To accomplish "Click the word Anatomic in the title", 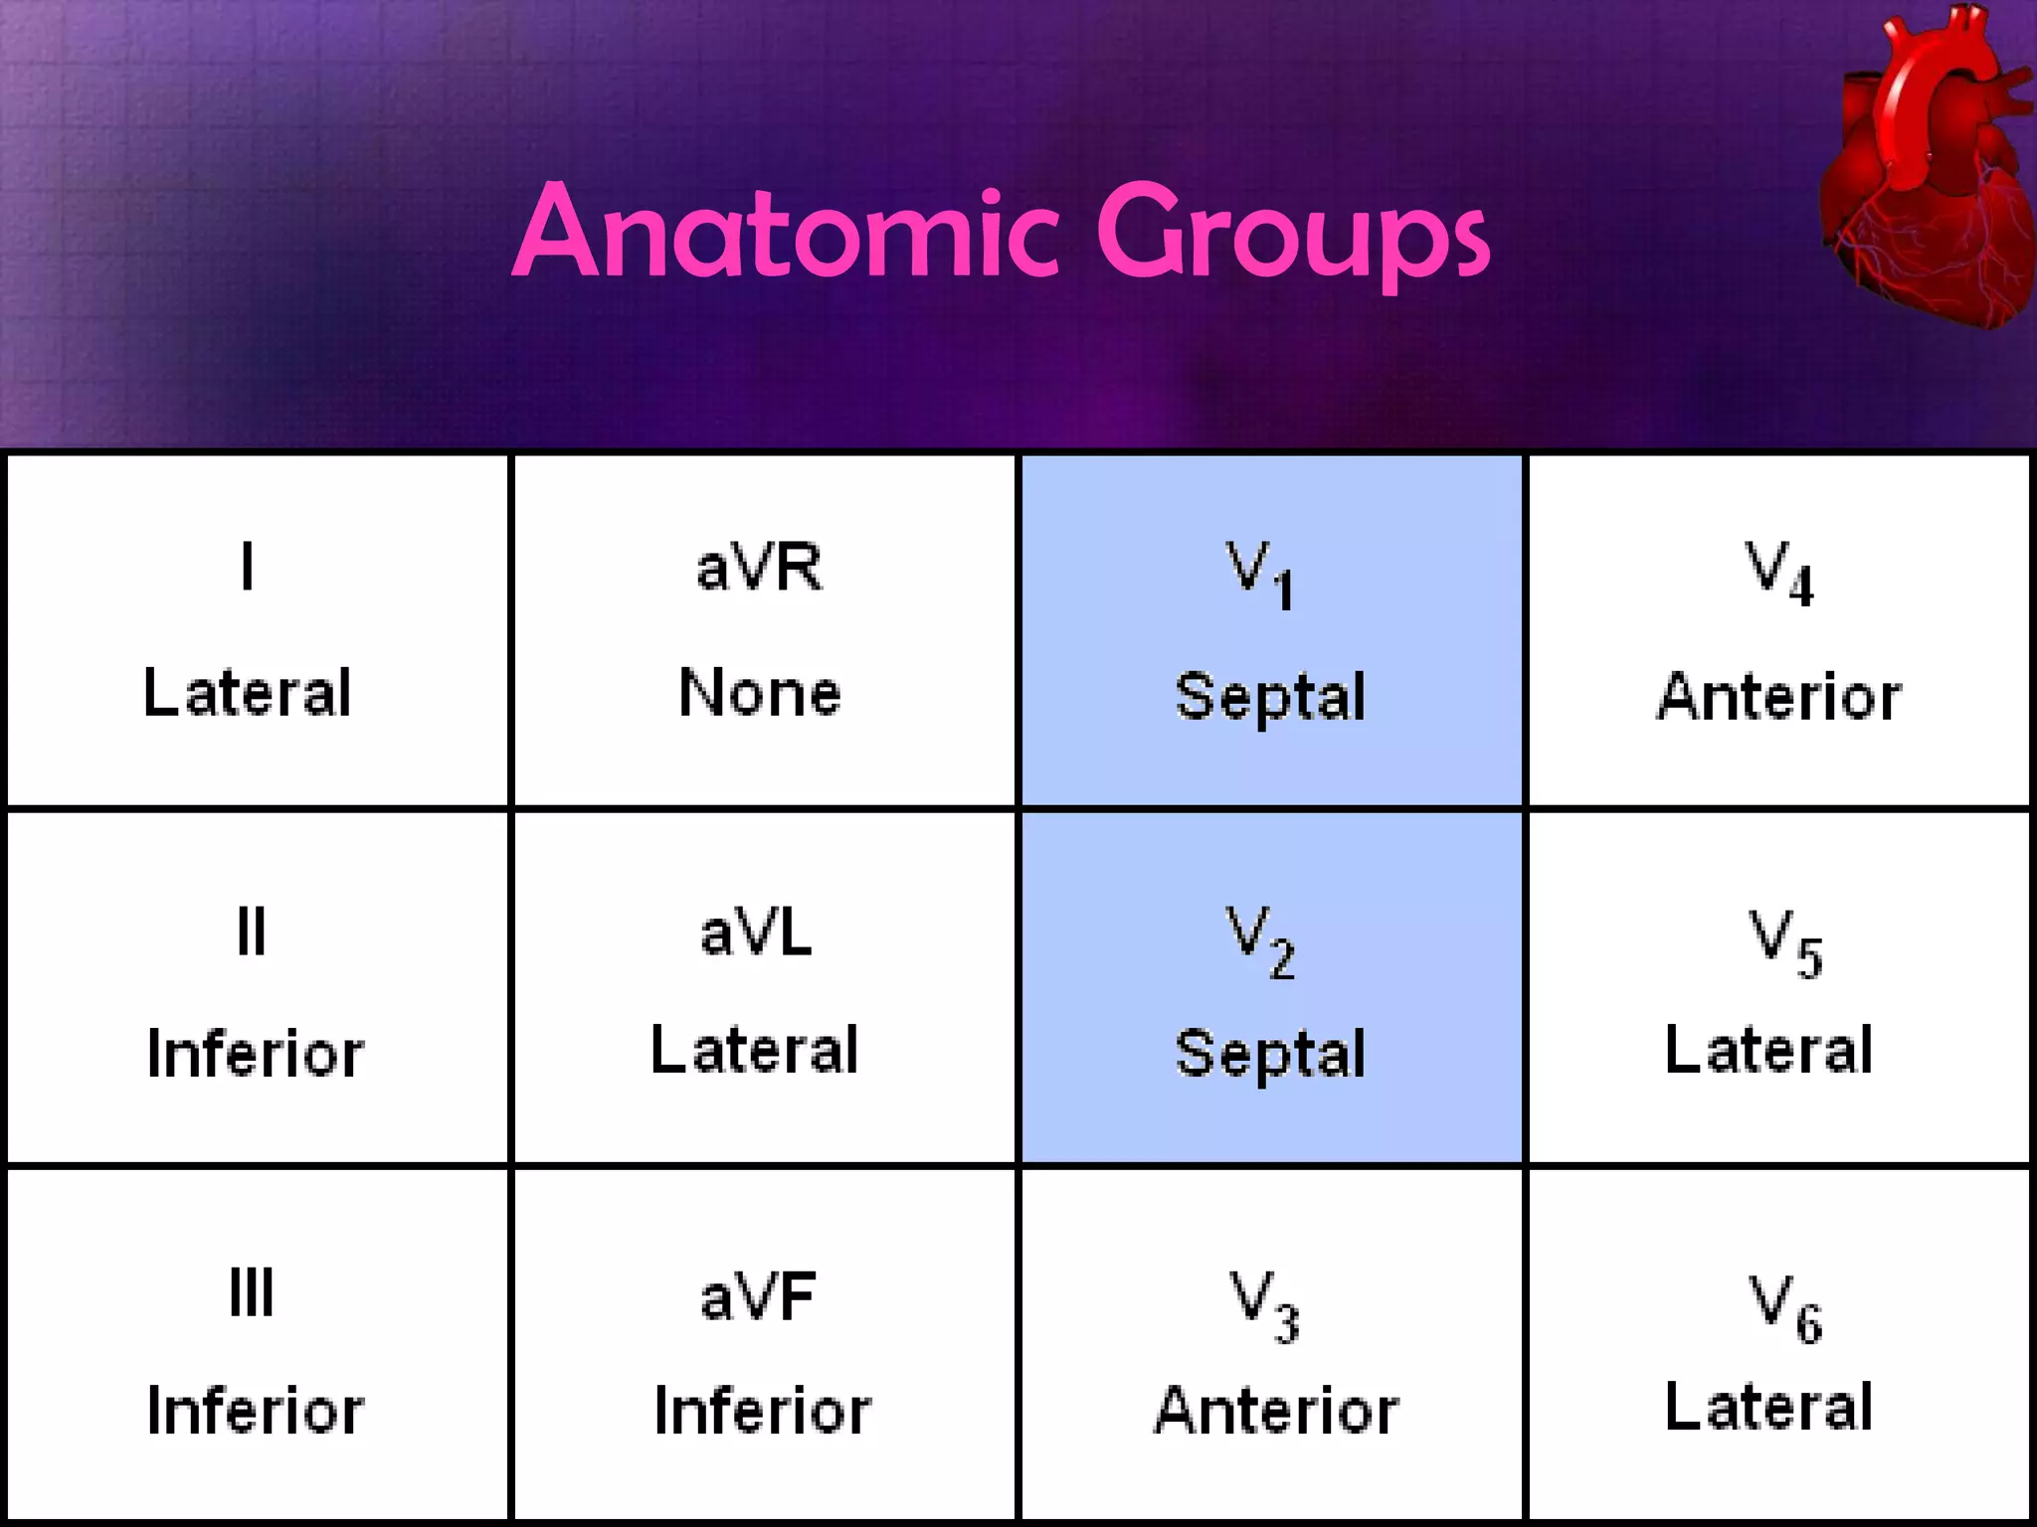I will [x=786, y=234].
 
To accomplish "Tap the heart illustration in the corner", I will [x=1925, y=169].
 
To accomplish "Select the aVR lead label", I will [x=759, y=569].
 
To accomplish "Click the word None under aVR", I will [x=759, y=693].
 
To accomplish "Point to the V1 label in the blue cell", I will [x=1258, y=574].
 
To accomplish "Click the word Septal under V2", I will [x=1270, y=1054].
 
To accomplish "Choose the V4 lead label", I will [x=1779, y=574].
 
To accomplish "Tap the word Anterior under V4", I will [x=1778, y=696].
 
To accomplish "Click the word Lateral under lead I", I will [x=248, y=693].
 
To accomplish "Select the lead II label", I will [x=251, y=933].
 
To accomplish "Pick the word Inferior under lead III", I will [x=255, y=1411].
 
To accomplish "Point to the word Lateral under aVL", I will [x=754, y=1051].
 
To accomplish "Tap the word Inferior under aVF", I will [x=762, y=1411].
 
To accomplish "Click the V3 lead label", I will [x=1264, y=1304].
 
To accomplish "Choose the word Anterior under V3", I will [x=1276, y=1411].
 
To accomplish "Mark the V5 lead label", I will [x=1785, y=941].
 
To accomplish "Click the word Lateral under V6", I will [x=1768, y=1407].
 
